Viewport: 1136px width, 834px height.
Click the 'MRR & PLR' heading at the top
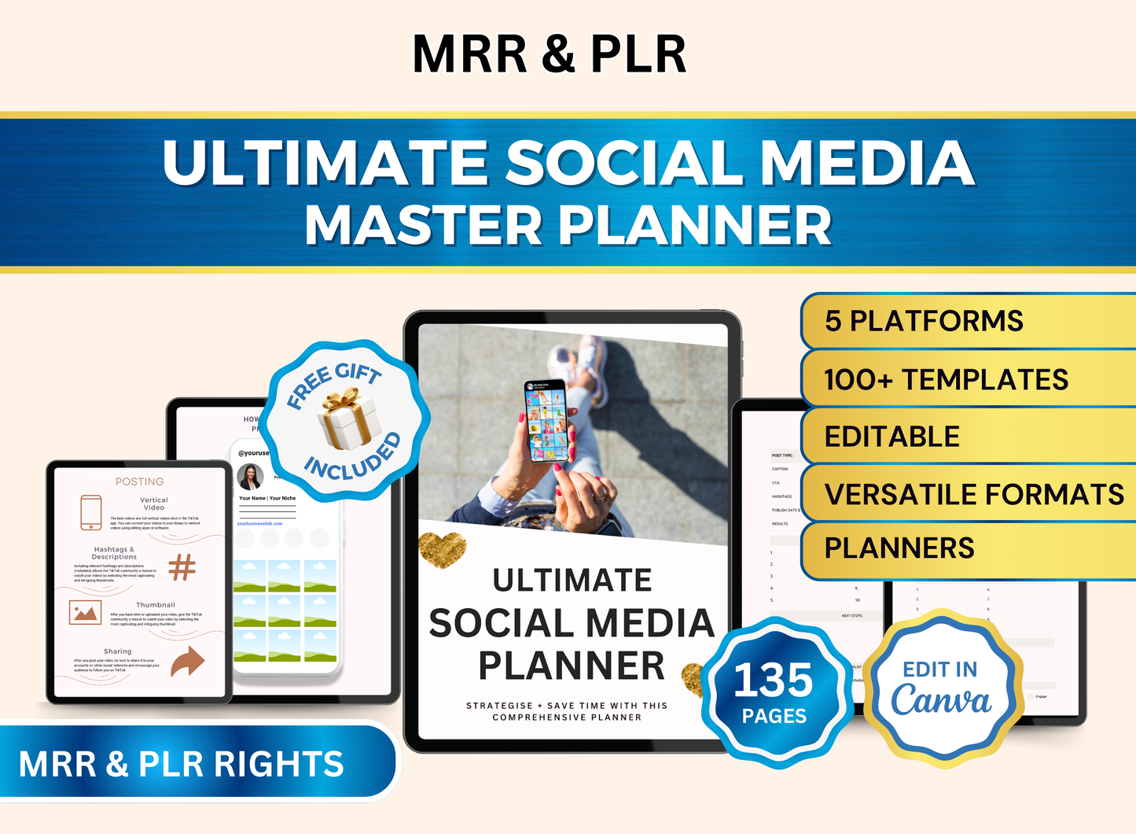point(550,54)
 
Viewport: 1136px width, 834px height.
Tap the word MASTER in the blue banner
point(423,226)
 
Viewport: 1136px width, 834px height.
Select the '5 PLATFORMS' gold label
point(924,321)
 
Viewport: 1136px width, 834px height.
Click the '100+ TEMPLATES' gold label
point(946,380)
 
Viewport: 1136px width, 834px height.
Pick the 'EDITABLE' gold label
point(892,437)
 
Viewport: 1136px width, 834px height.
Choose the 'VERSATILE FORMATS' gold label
point(974,495)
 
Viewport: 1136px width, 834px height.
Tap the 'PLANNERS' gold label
point(899,548)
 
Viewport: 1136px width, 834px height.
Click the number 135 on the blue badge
point(774,680)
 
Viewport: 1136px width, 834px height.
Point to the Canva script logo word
point(941,699)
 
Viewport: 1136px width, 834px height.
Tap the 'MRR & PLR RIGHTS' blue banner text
point(182,764)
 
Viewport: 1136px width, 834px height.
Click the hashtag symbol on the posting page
point(182,566)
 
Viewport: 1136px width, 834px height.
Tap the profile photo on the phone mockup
point(250,477)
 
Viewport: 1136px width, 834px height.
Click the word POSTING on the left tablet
point(139,482)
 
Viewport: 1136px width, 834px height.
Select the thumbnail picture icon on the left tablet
point(85,612)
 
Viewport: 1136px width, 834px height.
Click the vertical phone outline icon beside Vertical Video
point(91,512)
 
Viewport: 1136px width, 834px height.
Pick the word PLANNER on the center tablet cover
point(572,666)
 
